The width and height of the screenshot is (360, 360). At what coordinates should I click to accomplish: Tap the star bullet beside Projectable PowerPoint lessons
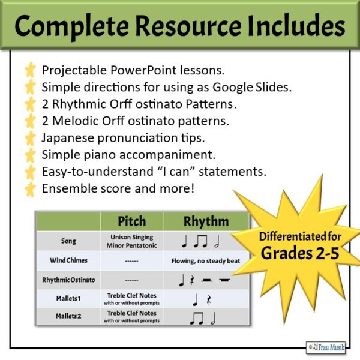pyautogui.click(x=31, y=70)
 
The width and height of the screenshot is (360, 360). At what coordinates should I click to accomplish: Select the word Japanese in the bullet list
pyautogui.click(x=68, y=138)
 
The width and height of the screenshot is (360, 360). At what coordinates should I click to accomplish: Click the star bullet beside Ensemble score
pyautogui.click(x=31, y=189)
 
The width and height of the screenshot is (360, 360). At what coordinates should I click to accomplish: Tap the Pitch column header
pyautogui.click(x=132, y=221)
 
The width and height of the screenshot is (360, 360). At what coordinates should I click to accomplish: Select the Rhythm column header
pyautogui.click(x=206, y=221)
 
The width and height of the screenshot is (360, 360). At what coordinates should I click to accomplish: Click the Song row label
pyautogui.click(x=68, y=241)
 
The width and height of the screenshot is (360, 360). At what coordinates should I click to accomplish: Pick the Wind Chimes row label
pyautogui.click(x=68, y=260)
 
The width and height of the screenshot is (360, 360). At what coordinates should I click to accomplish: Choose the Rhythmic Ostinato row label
pyautogui.click(x=68, y=280)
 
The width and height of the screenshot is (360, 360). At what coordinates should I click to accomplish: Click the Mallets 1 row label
pyautogui.click(x=68, y=298)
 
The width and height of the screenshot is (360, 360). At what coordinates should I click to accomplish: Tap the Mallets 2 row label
pyautogui.click(x=68, y=316)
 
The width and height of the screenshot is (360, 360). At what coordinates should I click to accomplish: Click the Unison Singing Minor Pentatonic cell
pyautogui.click(x=132, y=241)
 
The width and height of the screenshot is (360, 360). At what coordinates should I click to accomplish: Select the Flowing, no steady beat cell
pyautogui.click(x=206, y=261)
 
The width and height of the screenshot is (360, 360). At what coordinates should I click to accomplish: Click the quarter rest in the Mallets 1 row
pyautogui.click(x=209, y=300)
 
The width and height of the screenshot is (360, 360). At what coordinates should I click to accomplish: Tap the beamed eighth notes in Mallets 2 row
pyautogui.click(x=197, y=319)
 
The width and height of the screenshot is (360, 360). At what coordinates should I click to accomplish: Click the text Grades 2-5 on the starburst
pyautogui.click(x=300, y=253)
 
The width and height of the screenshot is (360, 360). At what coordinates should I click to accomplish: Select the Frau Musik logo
pyautogui.click(x=326, y=347)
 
